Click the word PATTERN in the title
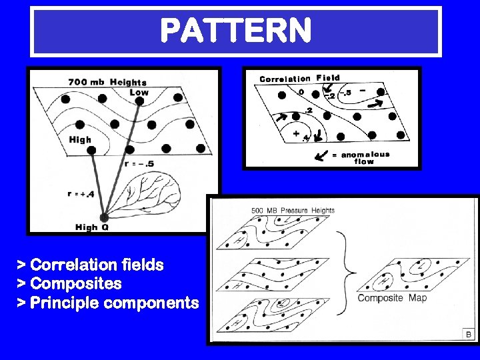coord(236,30)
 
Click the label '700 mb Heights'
coord(107,82)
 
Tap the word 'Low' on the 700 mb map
coord(139,92)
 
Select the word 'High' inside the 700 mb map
coord(80,140)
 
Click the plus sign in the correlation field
coord(296,133)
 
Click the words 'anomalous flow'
coord(365,158)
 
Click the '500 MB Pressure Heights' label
coord(293,211)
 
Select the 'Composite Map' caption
coord(393,298)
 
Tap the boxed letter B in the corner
coord(468,334)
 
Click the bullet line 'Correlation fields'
coord(90,265)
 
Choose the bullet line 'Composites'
coord(69,284)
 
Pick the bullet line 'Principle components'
coord(107,303)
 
